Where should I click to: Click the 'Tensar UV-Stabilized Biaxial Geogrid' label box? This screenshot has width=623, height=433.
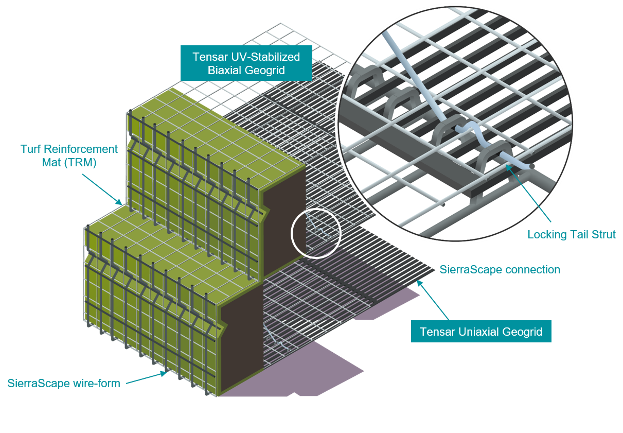[246, 63]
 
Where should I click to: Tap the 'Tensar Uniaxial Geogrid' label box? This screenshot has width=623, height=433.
[480, 332]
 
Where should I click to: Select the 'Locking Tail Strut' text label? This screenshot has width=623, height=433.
[572, 235]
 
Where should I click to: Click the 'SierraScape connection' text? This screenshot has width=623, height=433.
[500, 269]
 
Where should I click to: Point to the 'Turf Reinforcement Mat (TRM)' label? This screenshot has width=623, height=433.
[69, 155]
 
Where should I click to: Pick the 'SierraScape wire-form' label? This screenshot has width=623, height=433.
[64, 383]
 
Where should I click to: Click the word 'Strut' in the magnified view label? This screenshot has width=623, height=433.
[602, 235]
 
